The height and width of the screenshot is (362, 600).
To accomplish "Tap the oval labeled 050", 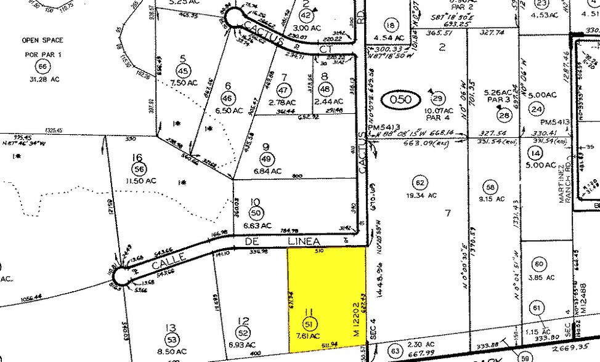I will pyautogui.click(x=403, y=99).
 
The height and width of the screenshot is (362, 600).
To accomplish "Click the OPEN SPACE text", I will pyautogui.click(x=43, y=41).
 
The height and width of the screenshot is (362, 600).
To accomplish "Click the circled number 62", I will pyautogui.click(x=421, y=183).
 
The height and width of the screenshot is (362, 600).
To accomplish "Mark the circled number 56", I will pyautogui.click(x=138, y=168).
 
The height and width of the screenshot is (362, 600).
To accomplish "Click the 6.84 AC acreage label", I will pyautogui.click(x=267, y=171).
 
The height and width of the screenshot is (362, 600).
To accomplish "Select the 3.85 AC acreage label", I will pyautogui.click(x=538, y=278).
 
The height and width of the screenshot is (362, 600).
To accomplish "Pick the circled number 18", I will pyautogui.click(x=389, y=25).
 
